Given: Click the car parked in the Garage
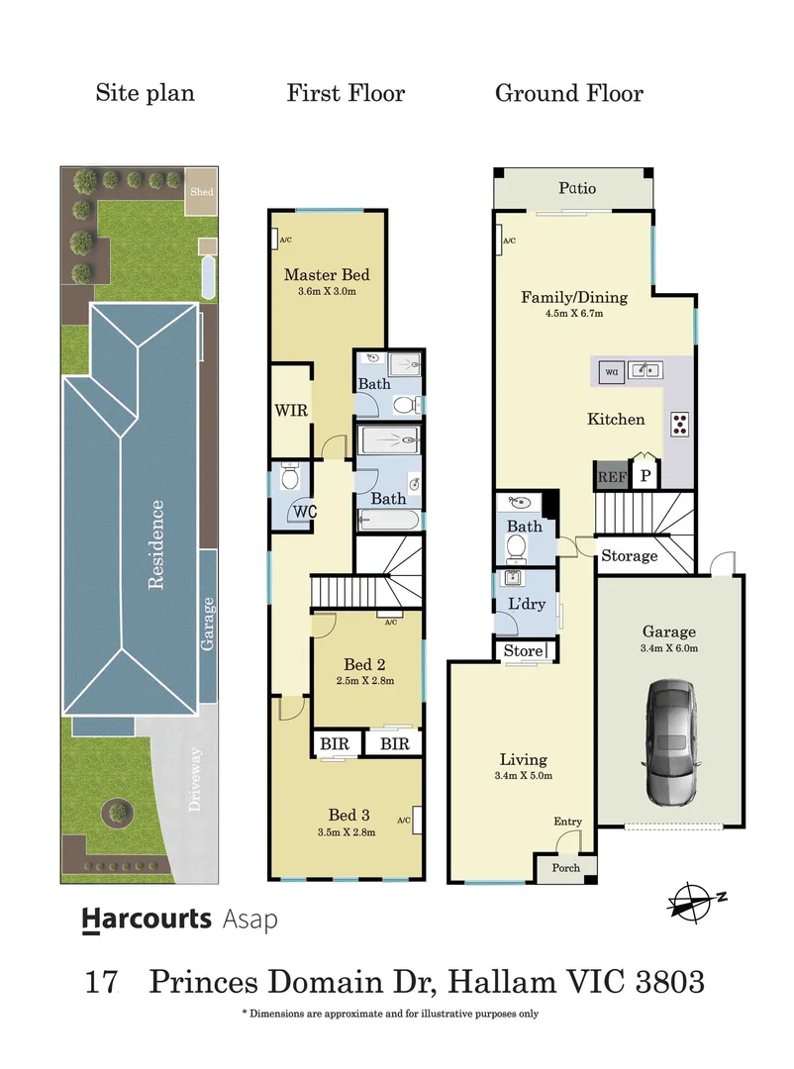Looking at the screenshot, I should tap(671, 742).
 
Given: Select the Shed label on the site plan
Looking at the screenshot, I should tap(202, 192).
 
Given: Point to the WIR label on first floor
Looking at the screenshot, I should tap(291, 408).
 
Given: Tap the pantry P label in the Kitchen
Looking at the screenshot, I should tap(645, 476).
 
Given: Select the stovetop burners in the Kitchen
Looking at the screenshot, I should tap(681, 424).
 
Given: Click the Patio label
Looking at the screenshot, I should tap(576, 188).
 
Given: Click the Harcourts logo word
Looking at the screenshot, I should tap(147, 919).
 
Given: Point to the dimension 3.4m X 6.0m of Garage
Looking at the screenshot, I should tap(669, 649).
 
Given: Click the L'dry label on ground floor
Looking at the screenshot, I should tap(525, 604).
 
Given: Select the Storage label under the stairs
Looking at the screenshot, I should tap(629, 556).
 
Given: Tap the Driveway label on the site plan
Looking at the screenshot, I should tap(195, 780).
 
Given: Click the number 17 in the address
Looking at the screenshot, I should tap(102, 982).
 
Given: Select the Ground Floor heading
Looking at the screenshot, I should tap(568, 94).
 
